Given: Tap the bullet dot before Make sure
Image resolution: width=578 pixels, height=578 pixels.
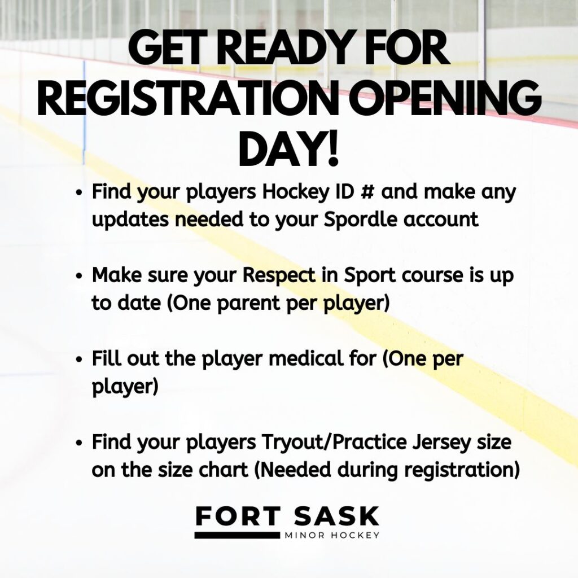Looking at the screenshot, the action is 78,277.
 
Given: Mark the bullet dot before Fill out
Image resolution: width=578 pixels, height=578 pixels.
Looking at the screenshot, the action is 78,360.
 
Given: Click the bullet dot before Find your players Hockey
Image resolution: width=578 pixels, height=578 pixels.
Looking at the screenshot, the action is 78,193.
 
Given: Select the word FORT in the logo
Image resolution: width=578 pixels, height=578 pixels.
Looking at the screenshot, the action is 238,516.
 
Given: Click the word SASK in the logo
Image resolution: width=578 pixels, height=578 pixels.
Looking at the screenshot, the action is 336,516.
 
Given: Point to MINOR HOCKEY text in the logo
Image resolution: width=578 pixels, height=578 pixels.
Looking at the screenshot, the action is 332,535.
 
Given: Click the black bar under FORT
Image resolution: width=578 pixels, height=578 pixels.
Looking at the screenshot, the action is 237,535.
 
